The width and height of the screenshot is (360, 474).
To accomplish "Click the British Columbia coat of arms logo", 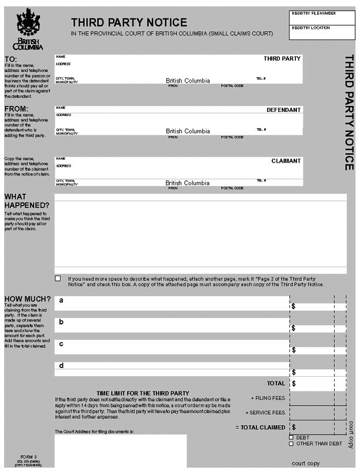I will coord(28,29).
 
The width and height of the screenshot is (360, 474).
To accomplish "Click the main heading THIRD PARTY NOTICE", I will coord(129,22).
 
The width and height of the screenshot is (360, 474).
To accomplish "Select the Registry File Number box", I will coord(322,16).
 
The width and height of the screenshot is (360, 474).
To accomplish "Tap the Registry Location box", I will coord(322,32).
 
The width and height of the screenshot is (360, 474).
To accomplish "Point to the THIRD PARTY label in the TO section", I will coord(282,59).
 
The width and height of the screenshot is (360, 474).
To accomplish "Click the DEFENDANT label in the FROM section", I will coord(284,110).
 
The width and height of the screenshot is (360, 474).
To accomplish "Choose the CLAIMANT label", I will coord(286,161).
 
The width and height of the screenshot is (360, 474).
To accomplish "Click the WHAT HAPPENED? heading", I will coord(26,201).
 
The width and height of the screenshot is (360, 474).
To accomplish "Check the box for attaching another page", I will coord(58,278).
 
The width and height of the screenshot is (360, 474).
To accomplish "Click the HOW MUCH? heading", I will coord(27,299).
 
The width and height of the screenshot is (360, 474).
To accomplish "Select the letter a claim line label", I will coord(61,300).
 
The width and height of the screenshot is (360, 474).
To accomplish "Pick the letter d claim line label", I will coord(61,366).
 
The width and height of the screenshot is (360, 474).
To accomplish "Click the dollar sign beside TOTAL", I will coord(294,383).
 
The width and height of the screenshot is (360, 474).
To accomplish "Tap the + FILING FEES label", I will coord(268,397).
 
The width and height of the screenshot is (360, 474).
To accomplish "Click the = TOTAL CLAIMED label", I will coord(260,427).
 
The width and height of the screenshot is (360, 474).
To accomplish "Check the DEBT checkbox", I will coord(291,437).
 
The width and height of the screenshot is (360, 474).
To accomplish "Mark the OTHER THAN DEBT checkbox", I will coord(291,444).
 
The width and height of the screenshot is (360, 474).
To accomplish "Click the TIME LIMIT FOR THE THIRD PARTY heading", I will coord(143,393).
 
